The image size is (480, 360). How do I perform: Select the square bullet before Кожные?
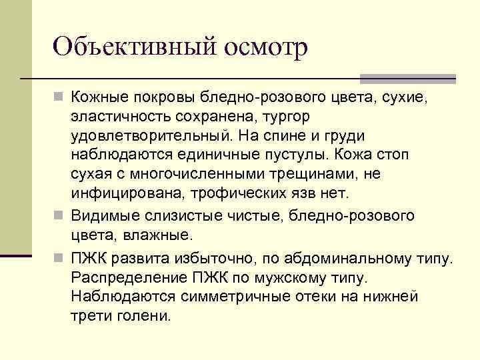pyautogui.click(x=59, y=98)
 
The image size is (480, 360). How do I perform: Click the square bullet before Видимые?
pyautogui.click(x=59, y=215)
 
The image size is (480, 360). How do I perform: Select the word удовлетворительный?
pyautogui.click(x=150, y=135)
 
